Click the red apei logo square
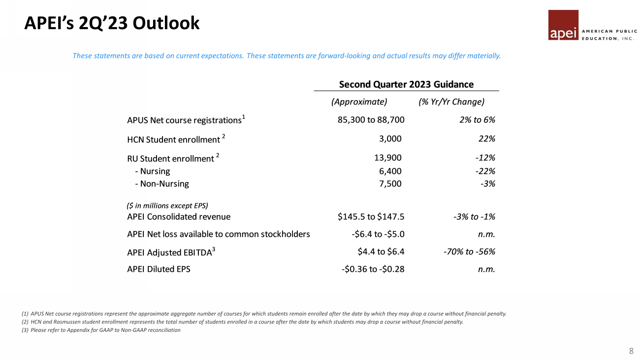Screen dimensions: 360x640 563,25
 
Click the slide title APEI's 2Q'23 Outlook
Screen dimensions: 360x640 112,23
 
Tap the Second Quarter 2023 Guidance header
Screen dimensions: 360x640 406,84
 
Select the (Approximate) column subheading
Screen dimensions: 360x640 359,102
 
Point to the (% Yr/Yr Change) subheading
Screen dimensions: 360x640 451,102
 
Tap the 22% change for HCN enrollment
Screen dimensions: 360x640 486,139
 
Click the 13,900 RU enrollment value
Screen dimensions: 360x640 387,158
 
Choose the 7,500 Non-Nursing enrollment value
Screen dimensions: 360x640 390,184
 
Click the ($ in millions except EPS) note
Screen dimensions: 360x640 167,205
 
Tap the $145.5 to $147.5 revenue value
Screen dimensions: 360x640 371,217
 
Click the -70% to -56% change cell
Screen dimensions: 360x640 469,252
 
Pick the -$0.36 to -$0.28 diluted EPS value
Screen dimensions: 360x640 373,269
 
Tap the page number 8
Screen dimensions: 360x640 631,351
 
